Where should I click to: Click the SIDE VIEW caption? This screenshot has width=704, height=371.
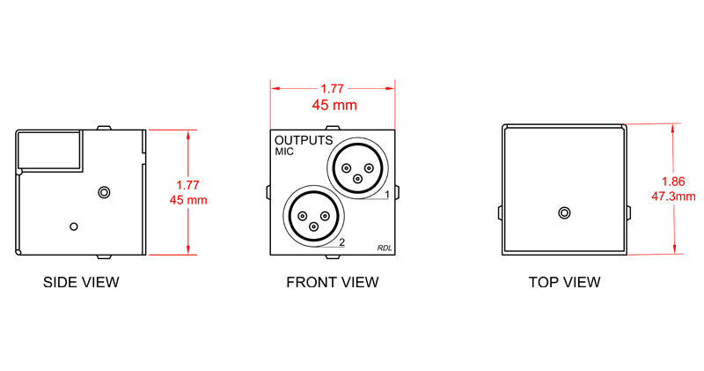81,282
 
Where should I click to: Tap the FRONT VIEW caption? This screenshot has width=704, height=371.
333,282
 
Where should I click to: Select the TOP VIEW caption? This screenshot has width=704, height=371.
564,282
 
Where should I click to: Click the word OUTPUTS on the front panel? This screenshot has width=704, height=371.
304,140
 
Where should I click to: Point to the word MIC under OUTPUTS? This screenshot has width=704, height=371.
284,152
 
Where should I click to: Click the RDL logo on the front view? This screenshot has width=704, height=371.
385,249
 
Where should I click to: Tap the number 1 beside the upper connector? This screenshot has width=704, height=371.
387,194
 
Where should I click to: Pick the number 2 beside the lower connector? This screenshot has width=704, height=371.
342,242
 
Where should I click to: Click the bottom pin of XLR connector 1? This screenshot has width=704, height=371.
357,179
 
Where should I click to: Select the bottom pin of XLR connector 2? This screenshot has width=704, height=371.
313,227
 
